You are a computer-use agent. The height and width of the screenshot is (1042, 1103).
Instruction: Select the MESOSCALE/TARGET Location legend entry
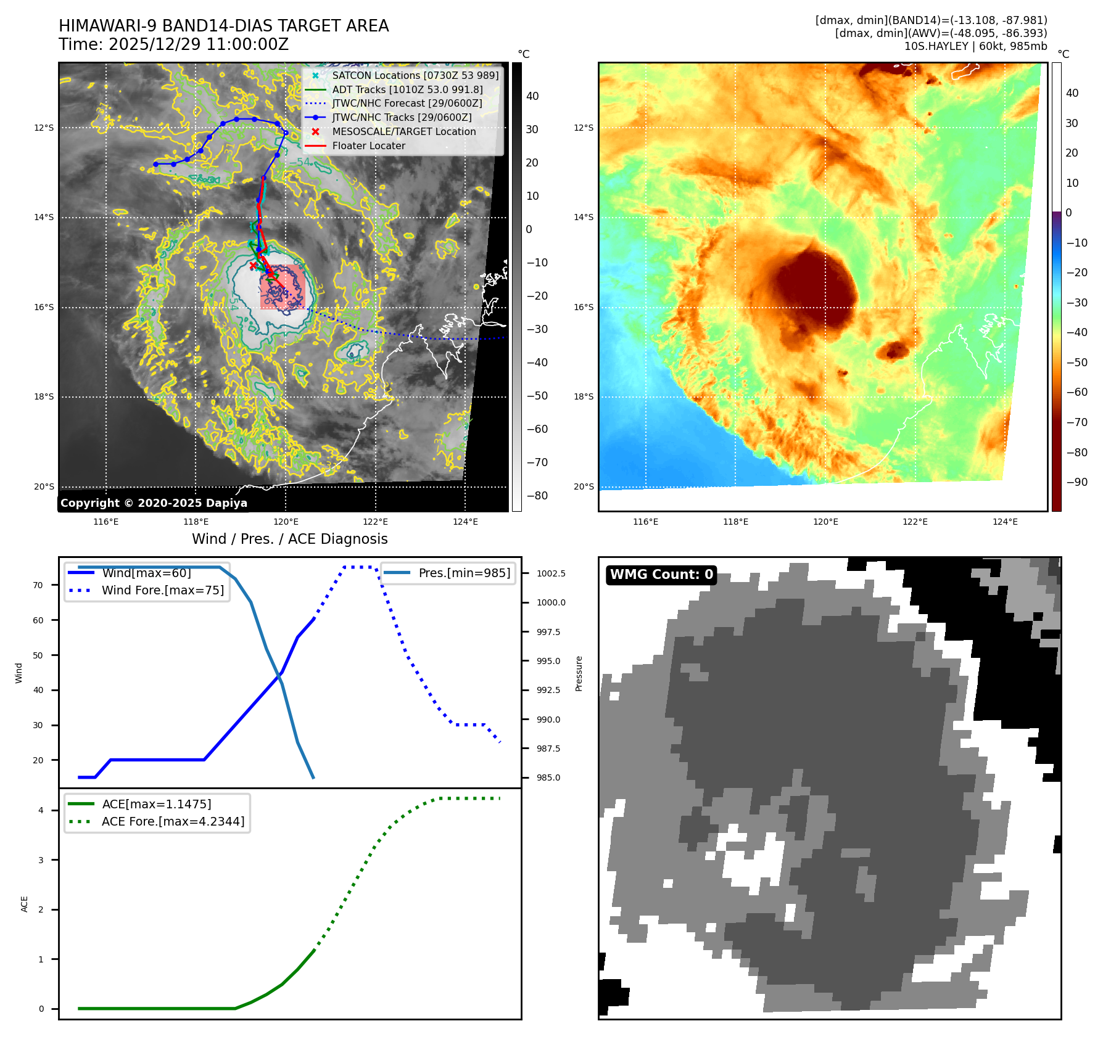click(x=403, y=131)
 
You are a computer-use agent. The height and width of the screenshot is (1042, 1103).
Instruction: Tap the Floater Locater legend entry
click(x=368, y=146)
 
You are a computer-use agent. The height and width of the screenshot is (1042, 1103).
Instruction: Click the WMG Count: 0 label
click(x=661, y=575)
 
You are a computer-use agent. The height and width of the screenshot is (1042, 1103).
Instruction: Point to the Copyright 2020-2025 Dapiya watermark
click(x=154, y=503)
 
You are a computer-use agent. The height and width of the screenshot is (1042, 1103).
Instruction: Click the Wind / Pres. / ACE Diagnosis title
click(x=289, y=539)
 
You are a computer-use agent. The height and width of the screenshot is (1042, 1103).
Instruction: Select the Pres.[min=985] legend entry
click(x=464, y=573)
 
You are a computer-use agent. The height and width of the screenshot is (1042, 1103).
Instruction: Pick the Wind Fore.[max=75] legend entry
click(x=163, y=590)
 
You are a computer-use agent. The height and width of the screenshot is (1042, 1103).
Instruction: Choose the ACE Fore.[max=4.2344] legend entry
click(x=173, y=821)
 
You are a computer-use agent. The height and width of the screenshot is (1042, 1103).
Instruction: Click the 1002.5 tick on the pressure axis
click(x=550, y=573)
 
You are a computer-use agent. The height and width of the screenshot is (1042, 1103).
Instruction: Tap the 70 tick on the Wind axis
click(x=38, y=585)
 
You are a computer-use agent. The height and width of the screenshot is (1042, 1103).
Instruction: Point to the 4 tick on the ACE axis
click(x=41, y=810)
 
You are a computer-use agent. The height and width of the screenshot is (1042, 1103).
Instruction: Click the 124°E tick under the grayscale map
click(x=465, y=522)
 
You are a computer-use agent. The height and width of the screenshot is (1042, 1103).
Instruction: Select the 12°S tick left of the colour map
click(x=584, y=128)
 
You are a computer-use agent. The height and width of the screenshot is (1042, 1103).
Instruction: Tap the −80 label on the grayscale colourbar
click(x=537, y=496)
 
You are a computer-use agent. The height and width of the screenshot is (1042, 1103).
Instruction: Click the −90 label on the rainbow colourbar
click(x=1076, y=482)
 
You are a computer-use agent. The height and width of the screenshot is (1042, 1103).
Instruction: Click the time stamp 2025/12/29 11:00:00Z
click(x=198, y=44)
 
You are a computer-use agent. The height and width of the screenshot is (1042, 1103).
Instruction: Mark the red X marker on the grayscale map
click(x=253, y=266)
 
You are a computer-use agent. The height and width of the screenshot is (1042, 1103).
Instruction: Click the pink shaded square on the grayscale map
click(x=283, y=287)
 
